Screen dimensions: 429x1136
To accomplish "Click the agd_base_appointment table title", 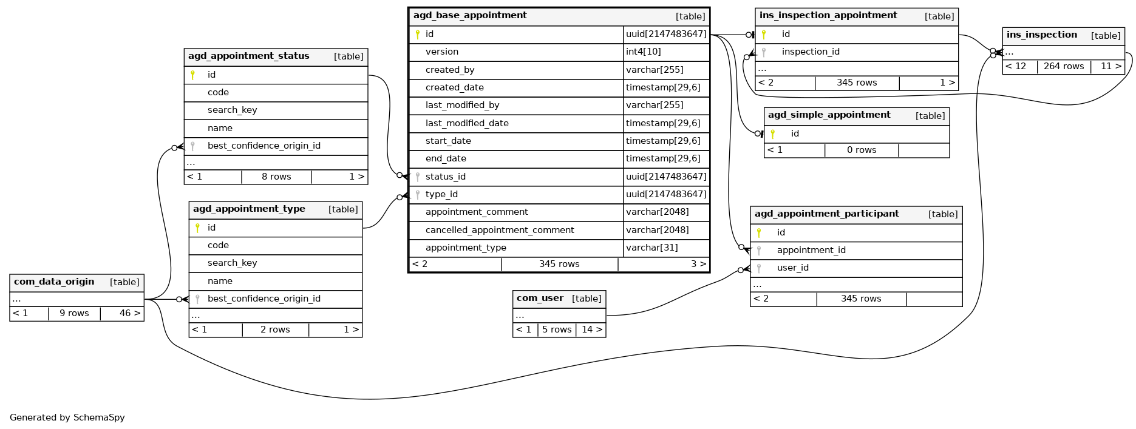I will coord(470,16).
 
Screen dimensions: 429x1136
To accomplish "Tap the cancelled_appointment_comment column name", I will coord(499,230).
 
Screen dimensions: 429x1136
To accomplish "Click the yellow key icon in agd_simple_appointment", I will coord(772,134).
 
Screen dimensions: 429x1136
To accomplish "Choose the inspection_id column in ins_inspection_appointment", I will coord(810,52).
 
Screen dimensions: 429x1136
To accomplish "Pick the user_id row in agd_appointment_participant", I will coord(792,268).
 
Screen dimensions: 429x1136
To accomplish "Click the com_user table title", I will coord(540,299).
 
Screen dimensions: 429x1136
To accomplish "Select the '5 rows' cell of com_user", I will coord(557,329).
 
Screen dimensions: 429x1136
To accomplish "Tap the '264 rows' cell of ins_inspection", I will coord(1063,66).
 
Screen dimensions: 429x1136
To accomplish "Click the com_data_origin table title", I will coord(54,282).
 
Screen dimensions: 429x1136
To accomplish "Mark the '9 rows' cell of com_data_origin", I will coord(74,313).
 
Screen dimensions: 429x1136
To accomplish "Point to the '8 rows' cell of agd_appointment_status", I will coord(276,177).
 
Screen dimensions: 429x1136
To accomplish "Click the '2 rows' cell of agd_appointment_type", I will coord(275,329).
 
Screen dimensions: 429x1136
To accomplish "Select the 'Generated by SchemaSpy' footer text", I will coord(67,417).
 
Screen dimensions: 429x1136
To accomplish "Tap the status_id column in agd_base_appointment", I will coord(445,177).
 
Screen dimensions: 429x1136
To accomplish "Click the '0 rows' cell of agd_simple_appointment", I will coord(861,150).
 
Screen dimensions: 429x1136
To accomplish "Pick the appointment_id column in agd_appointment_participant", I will coord(811,250).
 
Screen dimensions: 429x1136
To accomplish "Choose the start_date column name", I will coord(448,141).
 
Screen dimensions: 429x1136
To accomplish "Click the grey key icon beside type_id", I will coord(418,195).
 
